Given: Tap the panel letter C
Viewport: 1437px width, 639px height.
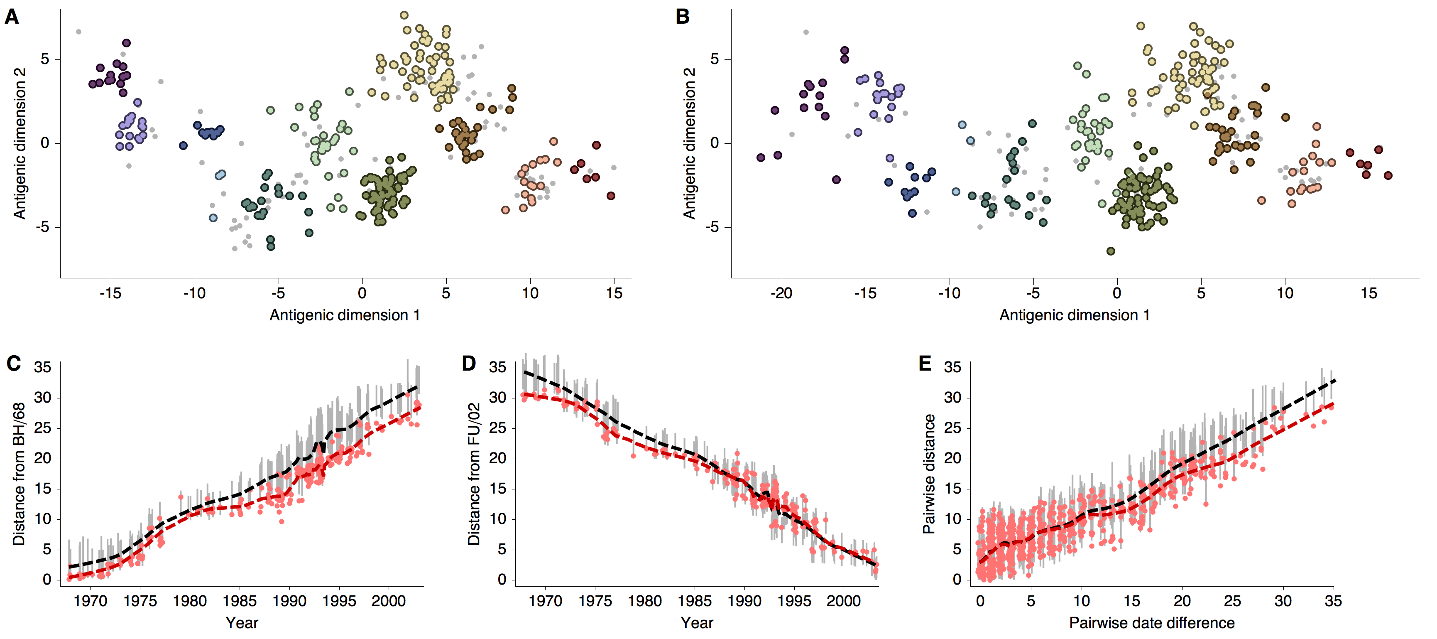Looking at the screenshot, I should (x=13, y=364).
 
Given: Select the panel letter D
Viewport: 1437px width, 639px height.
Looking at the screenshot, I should (x=469, y=364).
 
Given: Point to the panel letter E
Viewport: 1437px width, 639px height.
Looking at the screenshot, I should (x=925, y=364).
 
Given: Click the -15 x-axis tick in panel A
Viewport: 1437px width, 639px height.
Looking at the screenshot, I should (x=110, y=293).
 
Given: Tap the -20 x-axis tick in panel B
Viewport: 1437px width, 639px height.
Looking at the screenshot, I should (x=781, y=293).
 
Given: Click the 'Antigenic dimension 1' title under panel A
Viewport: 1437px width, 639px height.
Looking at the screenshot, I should (x=344, y=315).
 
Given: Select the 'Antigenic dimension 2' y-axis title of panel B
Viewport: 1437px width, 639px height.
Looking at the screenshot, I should (x=690, y=143).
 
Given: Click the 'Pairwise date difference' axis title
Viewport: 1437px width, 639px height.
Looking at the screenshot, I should (x=1151, y=623).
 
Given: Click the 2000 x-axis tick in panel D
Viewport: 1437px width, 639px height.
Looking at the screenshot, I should (x=843, y=601).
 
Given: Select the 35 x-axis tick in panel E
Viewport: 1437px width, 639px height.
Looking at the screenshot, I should (x=1333, y=601).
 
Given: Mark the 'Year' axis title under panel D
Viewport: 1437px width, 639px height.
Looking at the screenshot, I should (x=697, y=623).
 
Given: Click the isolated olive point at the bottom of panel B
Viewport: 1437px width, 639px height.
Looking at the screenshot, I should (x=1111, y=251).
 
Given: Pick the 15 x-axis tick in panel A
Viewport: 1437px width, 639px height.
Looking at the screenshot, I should (x=614, y=293).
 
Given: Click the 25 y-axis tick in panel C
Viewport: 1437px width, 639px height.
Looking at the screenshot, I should (x=42, y=428).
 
